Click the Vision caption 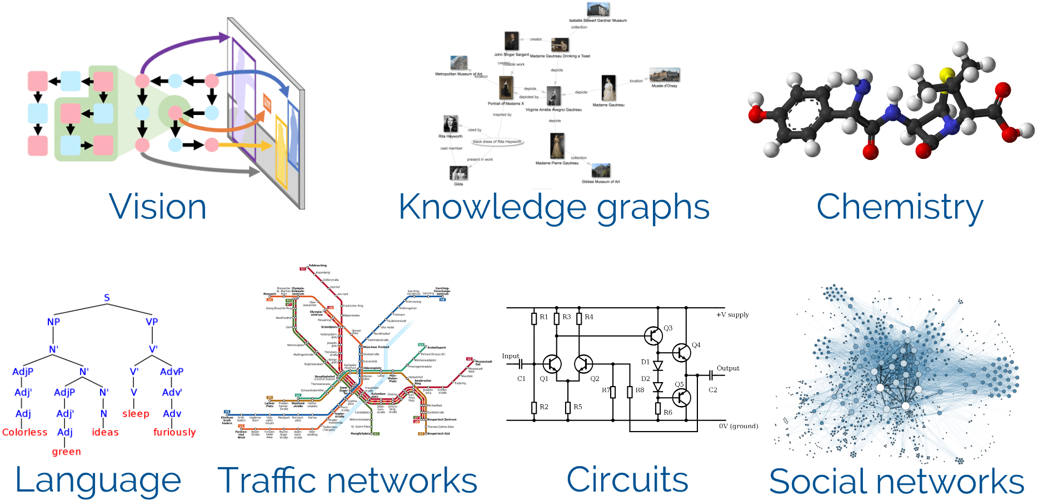pyautogui.click(x=158, y=207)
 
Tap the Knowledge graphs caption pyautogui.click(x=554, y=208)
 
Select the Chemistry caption pyautogui.click(x=900, y=208)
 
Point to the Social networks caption pyautogui.click(x=896, y=481)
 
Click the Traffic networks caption pyautogui.click(x=347, y=480)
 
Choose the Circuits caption pyautogui.click(x=627, y=479)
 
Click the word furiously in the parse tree pyautogui.click(x=174, y=432)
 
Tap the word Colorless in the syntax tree pyautogui.click(x=25, y=432)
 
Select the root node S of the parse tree pyautogui.click(x=107, y=298)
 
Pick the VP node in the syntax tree pyautogui.click(x=152, y=322)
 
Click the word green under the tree pyautogui.click(x=66, y=452)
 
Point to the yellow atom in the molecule pyautogui.click(x=947, y=74)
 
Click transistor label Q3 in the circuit pyautogui.click(x=668, y=328)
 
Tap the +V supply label pyautogui.click(x=732, y=314)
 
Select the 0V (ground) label pyautogui.click(x=738, y=426)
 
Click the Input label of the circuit pyautogui.click(x=510, y=356)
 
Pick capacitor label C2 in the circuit pyautogui.click(x=713, y=390)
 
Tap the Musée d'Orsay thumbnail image pyautogui.click(x=665, y=74)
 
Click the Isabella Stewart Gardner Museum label pyautogui.click(x=597, y=21)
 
